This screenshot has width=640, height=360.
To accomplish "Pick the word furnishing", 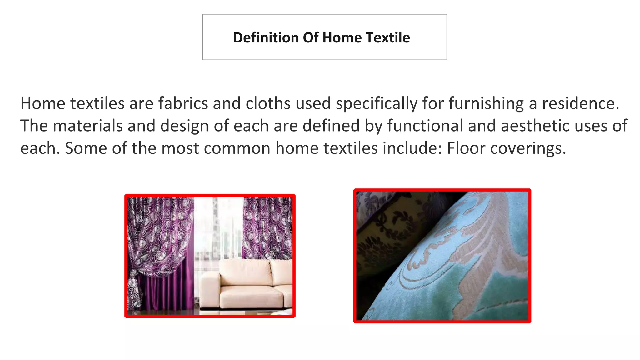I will point(486,104).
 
